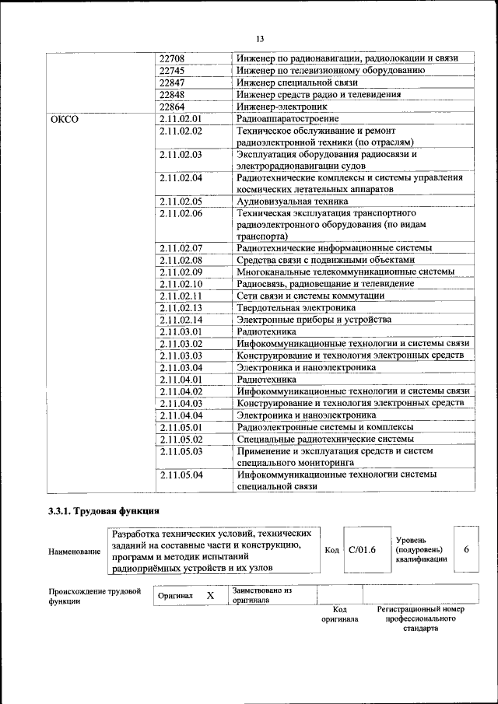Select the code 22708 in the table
172,58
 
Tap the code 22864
172,107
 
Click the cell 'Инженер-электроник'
282,107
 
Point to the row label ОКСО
65,119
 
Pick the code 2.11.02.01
181,119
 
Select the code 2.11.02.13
181,308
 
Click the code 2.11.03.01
181,331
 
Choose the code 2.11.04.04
181,415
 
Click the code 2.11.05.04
181,474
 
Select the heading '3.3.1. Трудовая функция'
103,511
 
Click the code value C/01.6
363,550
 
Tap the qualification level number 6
466,549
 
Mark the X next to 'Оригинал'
209,595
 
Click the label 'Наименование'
74,552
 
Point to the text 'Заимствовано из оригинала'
261,595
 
